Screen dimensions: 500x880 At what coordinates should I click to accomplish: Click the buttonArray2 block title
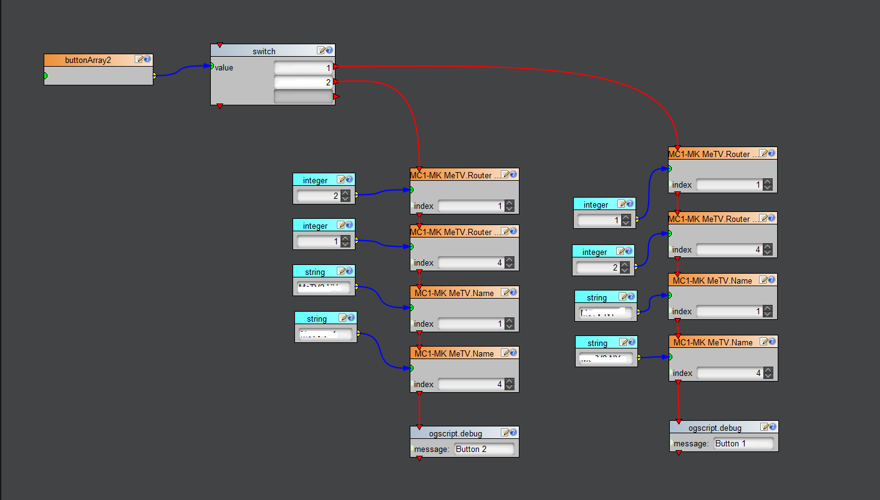[x=88, y=60]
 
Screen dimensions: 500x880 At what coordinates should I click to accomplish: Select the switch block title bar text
[x=264, y=51]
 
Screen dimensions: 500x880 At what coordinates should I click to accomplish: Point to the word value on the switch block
[x=224, y=67]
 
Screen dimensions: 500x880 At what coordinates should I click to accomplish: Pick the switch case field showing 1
[x=303, y=67]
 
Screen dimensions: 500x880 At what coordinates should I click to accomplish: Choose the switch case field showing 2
[x=303, y=82]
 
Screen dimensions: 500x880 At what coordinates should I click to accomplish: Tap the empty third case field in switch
[x=303, y=97]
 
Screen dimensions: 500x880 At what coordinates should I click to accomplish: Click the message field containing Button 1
[x=743, y=443]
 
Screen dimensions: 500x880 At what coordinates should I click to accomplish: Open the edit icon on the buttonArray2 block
[x=139, y=60]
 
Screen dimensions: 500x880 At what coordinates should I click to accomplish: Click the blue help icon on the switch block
[x=329, y=51]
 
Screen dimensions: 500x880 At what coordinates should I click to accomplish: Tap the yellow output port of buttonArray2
[x=155, y=76]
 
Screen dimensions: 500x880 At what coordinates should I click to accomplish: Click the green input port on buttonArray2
[x=45, y=76]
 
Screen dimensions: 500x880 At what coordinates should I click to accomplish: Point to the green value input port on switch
[x=212, y=66]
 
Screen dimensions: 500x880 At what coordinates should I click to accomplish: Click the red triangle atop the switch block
[x=219, y=46]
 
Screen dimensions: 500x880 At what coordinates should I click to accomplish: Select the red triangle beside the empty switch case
[x=336, y=97]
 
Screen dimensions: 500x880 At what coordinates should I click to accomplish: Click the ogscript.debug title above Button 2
[x=455, y=434]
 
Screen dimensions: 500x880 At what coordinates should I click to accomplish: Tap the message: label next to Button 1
[x=692, y=444]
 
